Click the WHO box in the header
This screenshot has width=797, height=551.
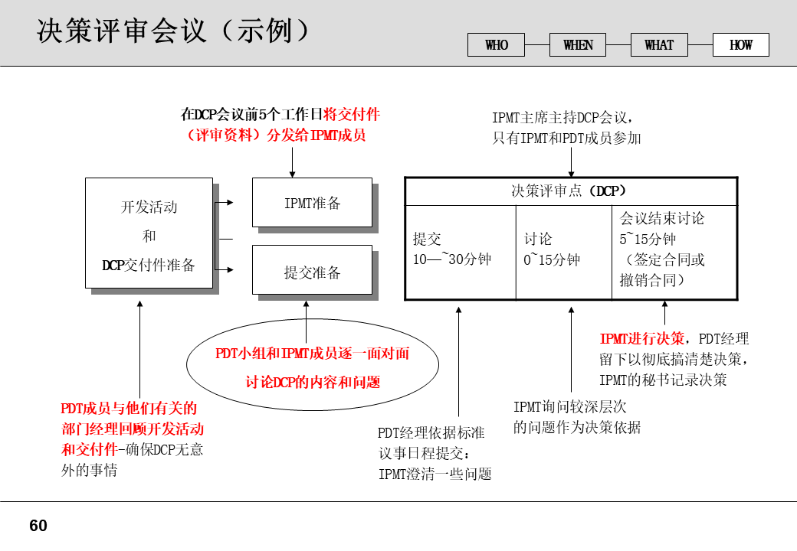tap(497, 45)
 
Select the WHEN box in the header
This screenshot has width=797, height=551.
tap(578, 45)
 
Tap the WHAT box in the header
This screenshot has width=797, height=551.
tap(659, 45)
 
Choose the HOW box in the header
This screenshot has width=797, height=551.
tap(740, 45)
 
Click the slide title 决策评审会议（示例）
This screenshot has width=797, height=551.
tap(175, 31)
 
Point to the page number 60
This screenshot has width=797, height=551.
tap(38, 526)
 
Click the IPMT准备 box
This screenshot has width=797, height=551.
tap(312, 203)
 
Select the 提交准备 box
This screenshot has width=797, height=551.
tap(312, 270)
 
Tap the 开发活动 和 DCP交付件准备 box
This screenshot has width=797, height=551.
tap(149, 233)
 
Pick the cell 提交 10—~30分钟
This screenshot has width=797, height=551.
tap(460, 250)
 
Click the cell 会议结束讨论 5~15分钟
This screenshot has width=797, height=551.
tap(677, 250)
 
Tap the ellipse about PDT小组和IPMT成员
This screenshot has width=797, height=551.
tap(313, 368)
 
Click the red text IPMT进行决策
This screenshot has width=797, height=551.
tap(641, 339)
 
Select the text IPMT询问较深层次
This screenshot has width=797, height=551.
tap(569, 407)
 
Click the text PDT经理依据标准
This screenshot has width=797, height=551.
tap(431, 433)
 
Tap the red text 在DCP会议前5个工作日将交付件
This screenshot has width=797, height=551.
tap(280, 115)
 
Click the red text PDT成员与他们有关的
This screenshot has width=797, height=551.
tap(129, 409)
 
